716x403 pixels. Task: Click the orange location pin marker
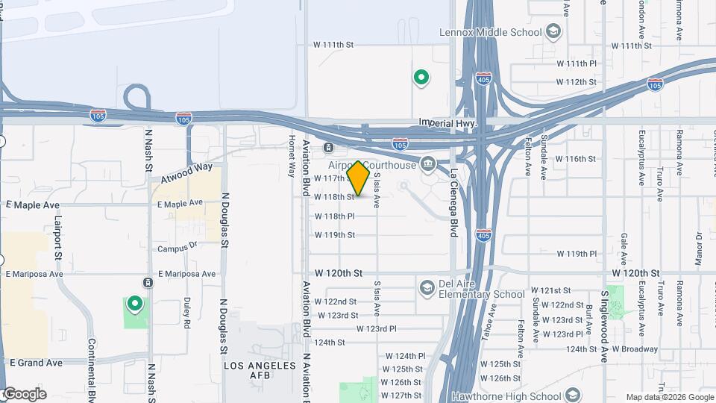pos(359,178)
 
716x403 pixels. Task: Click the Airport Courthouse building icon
pos(429,163)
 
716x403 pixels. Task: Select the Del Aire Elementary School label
pos(482,294)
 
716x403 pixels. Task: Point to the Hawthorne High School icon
pos(573,395)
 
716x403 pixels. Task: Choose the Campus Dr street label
pos(177,247)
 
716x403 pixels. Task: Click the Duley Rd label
pos(186,313)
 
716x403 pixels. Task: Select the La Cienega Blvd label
pos(453,202)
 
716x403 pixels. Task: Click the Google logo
pos(24,394)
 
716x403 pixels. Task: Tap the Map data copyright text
pos(669,397)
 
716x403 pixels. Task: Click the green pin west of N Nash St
pos(135,304)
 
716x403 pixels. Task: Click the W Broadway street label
pos(635,349)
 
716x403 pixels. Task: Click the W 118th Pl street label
pos(334,216)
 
